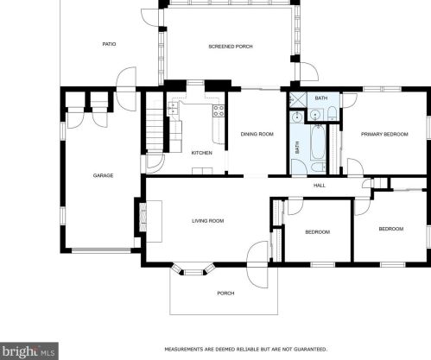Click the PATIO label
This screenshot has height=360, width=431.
(109, 44)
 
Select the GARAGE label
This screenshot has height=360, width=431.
(104, 175)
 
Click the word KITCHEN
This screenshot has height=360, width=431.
(201, 153)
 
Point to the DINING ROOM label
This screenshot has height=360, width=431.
(257, 134)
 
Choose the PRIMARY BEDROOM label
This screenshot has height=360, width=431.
(384, 134)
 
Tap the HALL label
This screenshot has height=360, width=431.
(319, 185)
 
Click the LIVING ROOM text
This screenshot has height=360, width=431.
(207, 221)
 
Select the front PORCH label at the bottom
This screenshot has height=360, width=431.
(225, 294)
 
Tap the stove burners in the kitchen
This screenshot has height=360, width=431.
(219, 110)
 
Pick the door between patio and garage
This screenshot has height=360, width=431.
(127, 79)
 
